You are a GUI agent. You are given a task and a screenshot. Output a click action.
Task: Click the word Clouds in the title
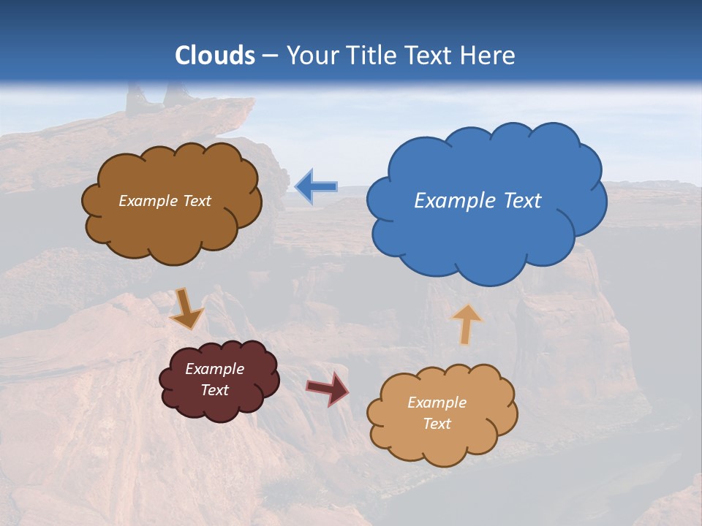pos(215,56)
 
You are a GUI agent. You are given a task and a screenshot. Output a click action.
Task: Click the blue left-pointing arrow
pos(316,186)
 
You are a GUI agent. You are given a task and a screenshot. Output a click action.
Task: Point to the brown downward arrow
pos(186,308)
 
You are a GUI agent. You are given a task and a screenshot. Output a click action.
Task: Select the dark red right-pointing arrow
pos(328,388)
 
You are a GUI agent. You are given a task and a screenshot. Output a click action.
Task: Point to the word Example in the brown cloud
pos(148,201)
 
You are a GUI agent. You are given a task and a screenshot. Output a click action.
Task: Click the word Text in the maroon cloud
pos(215,390)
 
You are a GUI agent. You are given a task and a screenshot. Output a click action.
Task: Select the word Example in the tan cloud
pos(437,403)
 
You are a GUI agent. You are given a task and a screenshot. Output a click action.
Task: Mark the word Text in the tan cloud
pos(437,424)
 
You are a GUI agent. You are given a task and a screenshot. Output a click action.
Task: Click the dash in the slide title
pos(270,56)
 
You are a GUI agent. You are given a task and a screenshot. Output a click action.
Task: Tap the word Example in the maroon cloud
pos(215,369)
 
